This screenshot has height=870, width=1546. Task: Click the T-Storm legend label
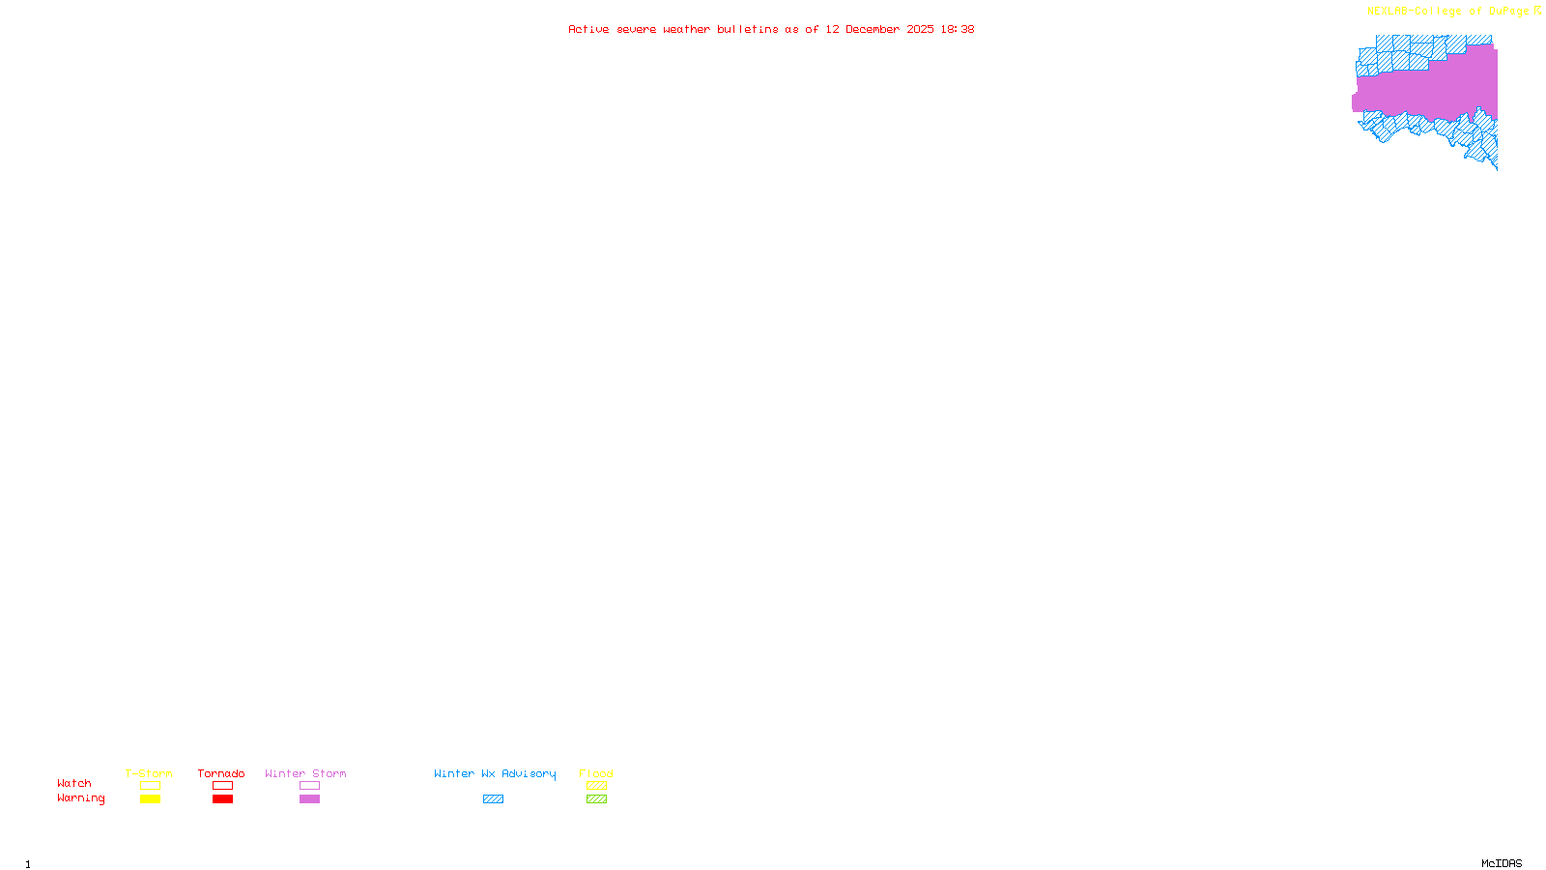point(149,773)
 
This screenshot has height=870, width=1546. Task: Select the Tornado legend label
point(221,773)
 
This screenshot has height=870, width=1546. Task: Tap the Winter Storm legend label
point(305,773)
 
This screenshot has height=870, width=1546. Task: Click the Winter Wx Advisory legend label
point(495,773)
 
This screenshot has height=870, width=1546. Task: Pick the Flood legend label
point(596,773)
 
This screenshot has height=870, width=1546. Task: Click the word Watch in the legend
point(74,783)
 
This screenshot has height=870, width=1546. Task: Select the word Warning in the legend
point(81,798)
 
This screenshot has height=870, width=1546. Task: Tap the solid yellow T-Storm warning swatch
point(150,799)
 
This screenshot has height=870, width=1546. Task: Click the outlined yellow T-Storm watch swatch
point(150,786)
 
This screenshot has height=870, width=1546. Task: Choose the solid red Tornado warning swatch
point(222,799)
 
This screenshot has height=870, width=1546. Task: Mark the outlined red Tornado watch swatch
point(222,786)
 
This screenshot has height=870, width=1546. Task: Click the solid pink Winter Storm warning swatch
point(309,799)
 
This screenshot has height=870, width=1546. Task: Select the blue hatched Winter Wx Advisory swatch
point(493,799)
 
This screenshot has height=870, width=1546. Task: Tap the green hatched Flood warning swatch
point(596,799)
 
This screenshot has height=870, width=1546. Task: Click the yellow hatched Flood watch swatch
point(596,786)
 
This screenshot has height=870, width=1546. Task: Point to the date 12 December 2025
point(879,29)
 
